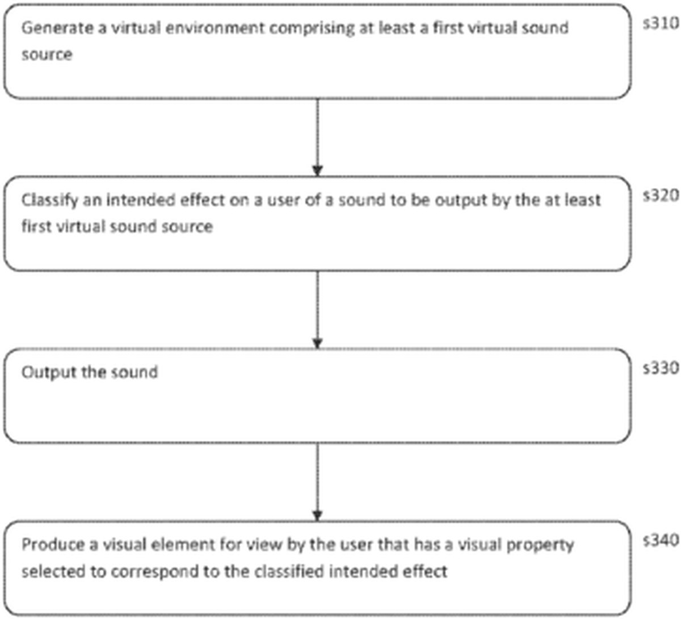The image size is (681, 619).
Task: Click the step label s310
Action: pos(661,24)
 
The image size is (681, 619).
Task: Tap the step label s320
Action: pos(661,196)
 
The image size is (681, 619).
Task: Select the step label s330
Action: pos(661,368)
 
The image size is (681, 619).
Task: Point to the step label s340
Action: pos(661,540)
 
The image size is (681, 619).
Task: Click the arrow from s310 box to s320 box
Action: pos(317,137)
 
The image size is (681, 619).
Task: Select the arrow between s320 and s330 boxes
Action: pos(317,309)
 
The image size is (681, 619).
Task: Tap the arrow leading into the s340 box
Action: pos(317,482)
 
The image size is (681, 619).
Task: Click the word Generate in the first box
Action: pos(57,28)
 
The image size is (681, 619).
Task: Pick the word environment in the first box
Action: pos(215,28)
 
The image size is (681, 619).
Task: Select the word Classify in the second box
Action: pos(49,200)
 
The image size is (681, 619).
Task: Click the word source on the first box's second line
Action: pos(47,55)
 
